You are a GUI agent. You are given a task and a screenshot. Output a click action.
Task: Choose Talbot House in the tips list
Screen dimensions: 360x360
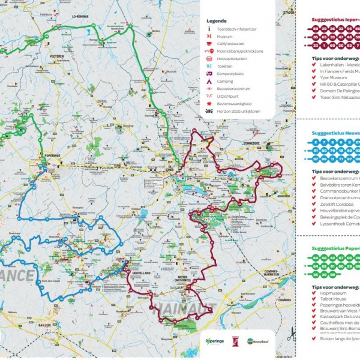tap(329, 299)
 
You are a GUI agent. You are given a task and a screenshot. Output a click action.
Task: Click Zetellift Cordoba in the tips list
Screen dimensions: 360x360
tap(331, 203)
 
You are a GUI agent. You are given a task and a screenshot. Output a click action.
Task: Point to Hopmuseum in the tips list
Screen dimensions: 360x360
tap(329, 293)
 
